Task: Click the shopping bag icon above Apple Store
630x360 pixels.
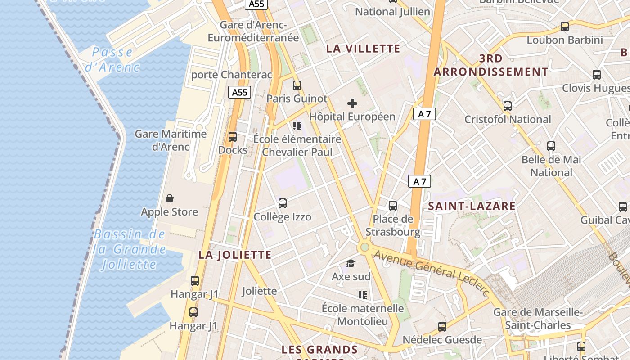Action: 170,198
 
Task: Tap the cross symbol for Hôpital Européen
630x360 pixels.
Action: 352,104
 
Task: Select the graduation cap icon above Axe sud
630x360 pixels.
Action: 351,263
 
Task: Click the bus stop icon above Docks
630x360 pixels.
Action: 233,137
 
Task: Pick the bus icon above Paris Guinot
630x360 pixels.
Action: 297,85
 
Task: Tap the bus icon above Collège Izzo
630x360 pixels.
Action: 283,203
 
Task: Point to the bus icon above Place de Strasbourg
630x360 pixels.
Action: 393,206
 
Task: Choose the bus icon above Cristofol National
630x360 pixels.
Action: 508,106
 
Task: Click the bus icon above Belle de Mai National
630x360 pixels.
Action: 551,146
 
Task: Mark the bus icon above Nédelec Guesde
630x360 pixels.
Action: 442,327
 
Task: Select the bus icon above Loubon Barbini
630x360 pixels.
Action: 565,27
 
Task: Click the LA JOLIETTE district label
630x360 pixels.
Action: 235,255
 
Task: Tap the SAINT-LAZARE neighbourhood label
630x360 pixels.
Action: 472,207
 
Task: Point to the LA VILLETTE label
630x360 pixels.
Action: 363,49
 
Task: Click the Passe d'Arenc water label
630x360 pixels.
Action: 112,60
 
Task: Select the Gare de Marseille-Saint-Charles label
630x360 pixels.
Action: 538,319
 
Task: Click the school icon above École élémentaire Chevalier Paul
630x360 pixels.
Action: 297,126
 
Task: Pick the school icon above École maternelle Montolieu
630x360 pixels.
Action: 363,295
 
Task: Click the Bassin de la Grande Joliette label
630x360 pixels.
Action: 130,249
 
